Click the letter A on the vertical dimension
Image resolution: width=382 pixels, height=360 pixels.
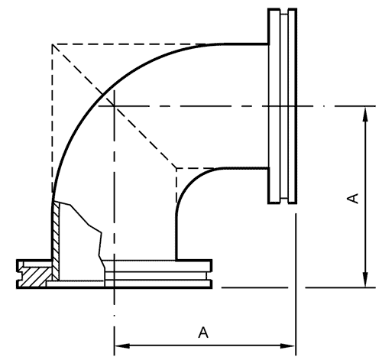tap(353, 199)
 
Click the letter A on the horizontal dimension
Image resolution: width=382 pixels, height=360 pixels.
tap(203, 332)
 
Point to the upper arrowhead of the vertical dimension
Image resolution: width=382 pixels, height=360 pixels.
tap(365, 115)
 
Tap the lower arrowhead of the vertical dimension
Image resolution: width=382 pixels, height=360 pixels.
tap(365, 280)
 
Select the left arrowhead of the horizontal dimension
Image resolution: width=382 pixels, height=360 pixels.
tap(122, 346)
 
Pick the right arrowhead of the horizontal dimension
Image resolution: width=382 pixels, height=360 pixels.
tap(288, 346)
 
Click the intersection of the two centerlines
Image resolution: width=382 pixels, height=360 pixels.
tap(115, 105)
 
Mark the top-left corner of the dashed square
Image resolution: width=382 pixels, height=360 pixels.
tap(53, 44)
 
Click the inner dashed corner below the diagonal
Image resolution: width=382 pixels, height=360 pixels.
tap(176, 168)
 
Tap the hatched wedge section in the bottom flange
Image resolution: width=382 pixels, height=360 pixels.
tap(33, 277)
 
